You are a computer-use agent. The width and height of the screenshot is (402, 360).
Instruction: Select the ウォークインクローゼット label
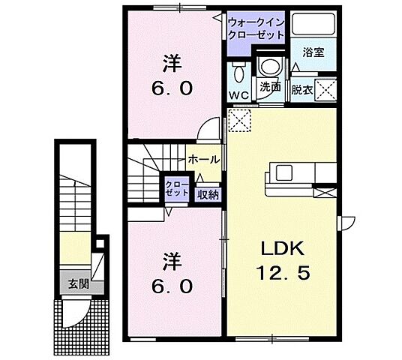tap(256, 28)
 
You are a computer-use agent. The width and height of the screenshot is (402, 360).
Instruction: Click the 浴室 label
tap(313, 52)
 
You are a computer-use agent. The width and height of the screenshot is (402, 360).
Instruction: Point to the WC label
tap(238, 94)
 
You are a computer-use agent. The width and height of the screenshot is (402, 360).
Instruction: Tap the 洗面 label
tap(270, 87)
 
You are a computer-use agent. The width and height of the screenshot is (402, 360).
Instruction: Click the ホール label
tap(203, 160)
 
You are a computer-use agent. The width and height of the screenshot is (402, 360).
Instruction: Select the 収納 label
tap(208, 194)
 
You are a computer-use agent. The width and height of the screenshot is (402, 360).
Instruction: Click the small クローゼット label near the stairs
tap(178, 188)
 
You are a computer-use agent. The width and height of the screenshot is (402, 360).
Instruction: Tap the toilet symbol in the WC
tap(238, 73)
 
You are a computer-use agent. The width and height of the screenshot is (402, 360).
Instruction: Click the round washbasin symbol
tap(268, 67)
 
